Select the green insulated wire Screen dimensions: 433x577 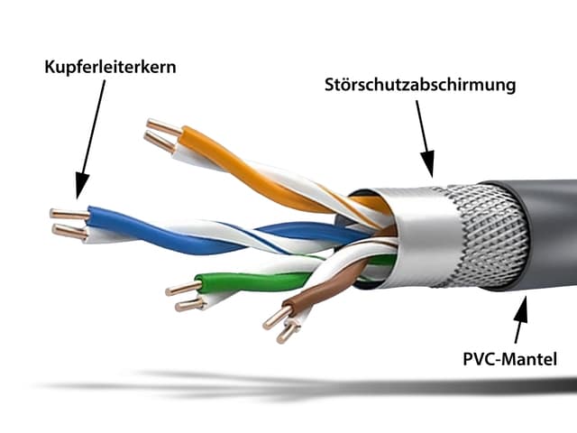coord(243,280)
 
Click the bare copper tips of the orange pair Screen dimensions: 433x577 coord(162,134)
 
